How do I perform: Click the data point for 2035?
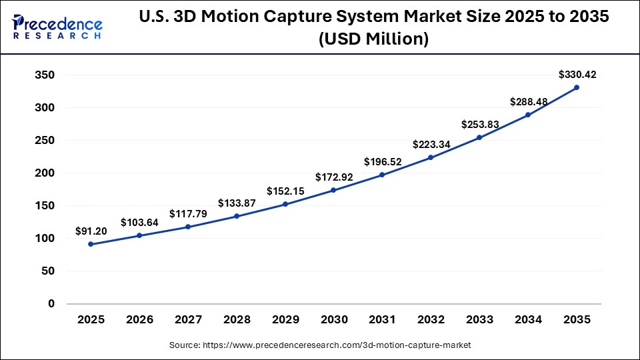576,87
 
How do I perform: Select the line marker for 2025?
91,244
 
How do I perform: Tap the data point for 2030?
333,190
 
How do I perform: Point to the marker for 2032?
431,157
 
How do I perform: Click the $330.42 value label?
577,75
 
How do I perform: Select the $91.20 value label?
91,231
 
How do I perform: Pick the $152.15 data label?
285,191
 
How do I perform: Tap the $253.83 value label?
479,125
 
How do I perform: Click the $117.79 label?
188,213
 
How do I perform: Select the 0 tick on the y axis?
51,304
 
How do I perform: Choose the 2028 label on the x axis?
236,320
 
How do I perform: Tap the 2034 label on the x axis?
528,320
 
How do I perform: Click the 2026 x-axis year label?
139,320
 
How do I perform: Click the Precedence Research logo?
57,27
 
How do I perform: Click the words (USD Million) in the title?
373,39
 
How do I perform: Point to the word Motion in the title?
249,18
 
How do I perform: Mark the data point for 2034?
528,115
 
